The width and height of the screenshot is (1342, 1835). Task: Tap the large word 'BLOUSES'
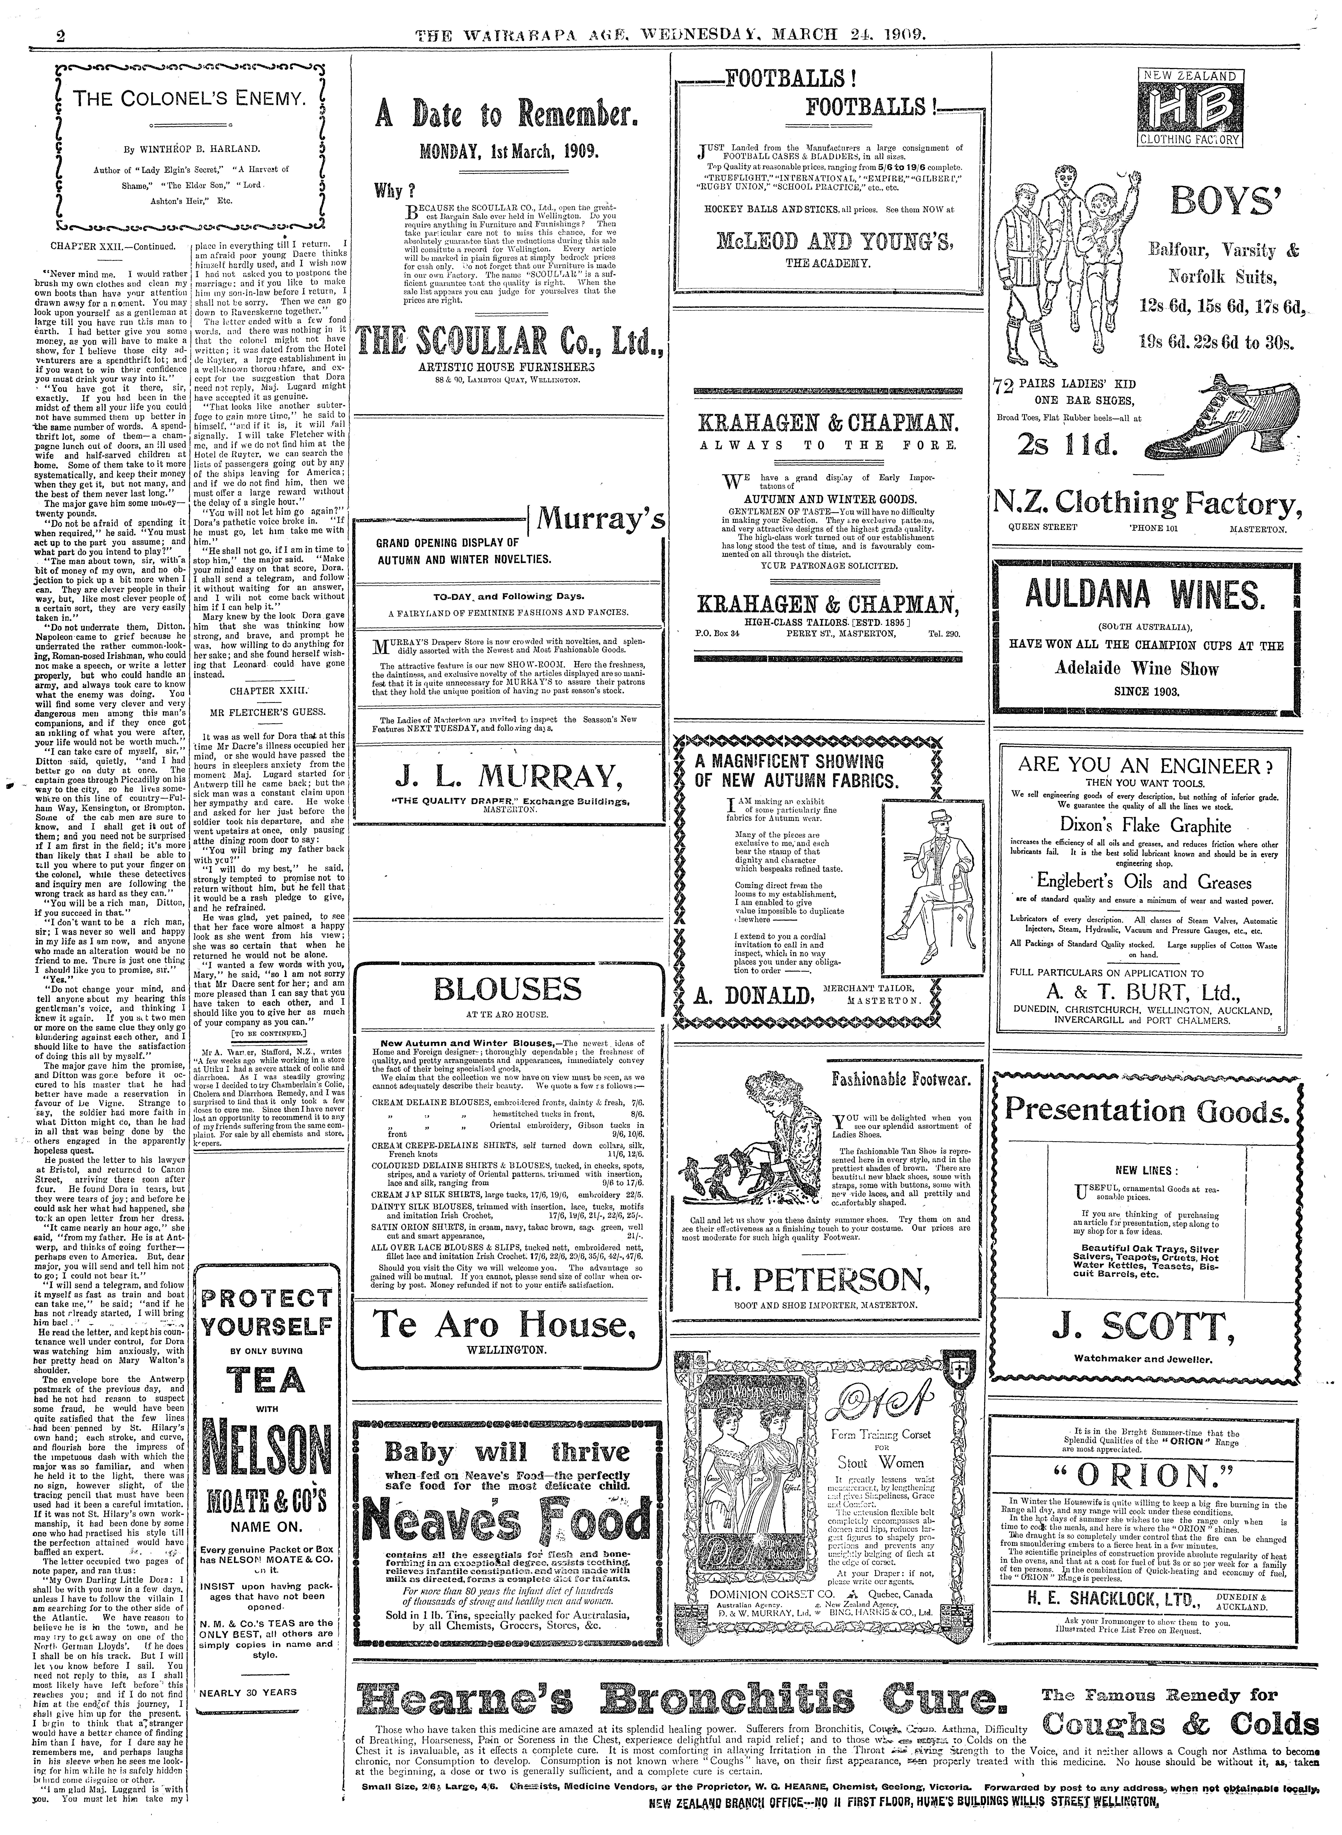[507, 989]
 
